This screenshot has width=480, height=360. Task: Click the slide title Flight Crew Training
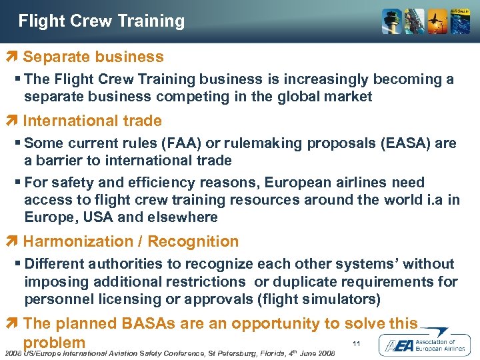pos(101,21)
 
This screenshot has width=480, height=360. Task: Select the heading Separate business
pos(93,57)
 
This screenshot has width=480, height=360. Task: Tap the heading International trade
pos(92,121)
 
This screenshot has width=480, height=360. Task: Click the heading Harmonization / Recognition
pos(131,241)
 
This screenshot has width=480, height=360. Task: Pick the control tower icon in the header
pos(391,22)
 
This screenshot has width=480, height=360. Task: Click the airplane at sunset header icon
pos(437,22)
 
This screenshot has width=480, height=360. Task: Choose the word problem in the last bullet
pos(54,341)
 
